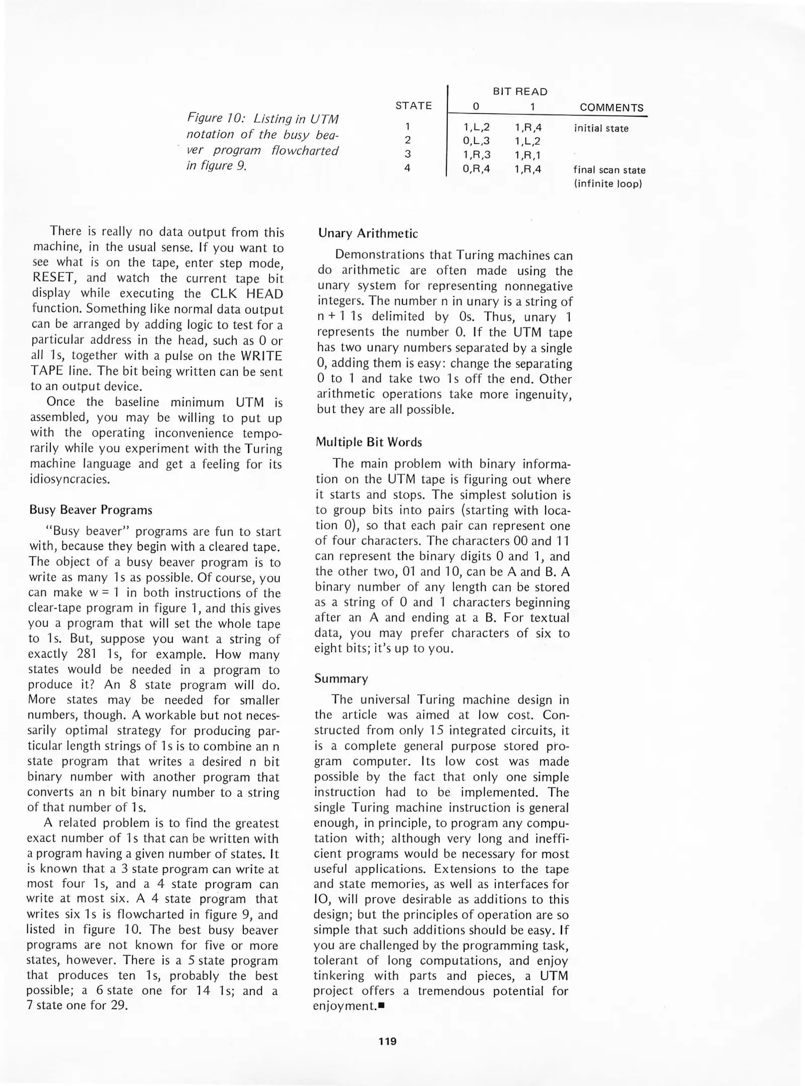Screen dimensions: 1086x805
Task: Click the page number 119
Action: [x=387, y=1041]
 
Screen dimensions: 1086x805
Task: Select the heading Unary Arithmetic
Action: [x=368, y=234]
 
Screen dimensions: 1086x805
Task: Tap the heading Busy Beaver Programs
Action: [x=91, y=510]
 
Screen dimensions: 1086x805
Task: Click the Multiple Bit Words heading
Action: [x=369, y=442]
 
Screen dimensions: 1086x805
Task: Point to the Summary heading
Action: [x=341, y=679]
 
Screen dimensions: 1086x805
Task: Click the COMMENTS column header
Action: [x=611, y=108]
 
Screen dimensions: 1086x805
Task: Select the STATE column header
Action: [x=413, y=106]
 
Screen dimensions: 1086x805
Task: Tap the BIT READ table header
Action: [x=519, y=92]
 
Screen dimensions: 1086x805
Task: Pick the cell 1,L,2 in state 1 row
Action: [x=476, y=128]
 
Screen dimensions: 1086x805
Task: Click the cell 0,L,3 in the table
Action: [x=476, y=141]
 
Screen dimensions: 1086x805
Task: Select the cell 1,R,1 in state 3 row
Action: [x=527, y=155]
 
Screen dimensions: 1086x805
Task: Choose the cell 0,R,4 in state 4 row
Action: [x=476, y=169]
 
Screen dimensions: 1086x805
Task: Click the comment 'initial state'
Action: [x=601, y=128]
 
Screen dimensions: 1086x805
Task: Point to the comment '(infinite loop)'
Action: [x=607, y=184]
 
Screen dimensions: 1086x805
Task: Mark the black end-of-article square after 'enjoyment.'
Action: [x=381, y=1006]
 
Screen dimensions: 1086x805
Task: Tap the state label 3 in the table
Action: [x=407, y=154]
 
